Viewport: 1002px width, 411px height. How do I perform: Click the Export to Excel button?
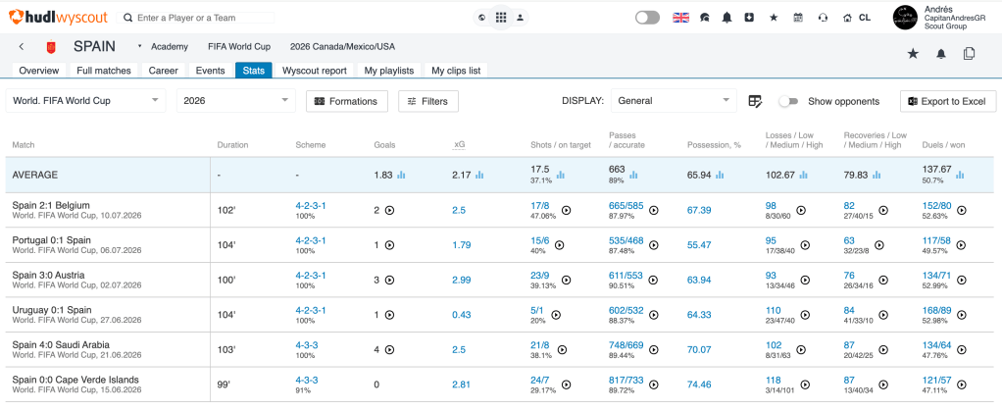(948, 101)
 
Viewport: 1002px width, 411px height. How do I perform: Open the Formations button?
(347, 101)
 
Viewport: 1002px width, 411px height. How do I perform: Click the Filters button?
(428, 101)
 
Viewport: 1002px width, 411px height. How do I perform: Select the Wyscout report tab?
(315, 71)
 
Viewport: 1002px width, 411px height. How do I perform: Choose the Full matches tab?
(104, 71)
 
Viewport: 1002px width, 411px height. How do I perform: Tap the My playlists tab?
(389, 71)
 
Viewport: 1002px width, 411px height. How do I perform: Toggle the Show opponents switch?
(789, 102)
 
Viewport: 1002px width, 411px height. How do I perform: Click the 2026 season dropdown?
(236, 101)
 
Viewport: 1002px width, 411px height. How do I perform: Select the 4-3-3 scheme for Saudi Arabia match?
(307, 345)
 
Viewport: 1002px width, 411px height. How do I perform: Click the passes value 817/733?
(626, 380)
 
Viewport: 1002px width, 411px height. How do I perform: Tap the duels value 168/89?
(937, 310)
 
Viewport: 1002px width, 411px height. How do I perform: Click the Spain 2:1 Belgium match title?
(51, 205)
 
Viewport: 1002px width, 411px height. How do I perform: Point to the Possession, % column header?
(714, 145)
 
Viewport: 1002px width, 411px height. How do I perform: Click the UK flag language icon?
(680, 18)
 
